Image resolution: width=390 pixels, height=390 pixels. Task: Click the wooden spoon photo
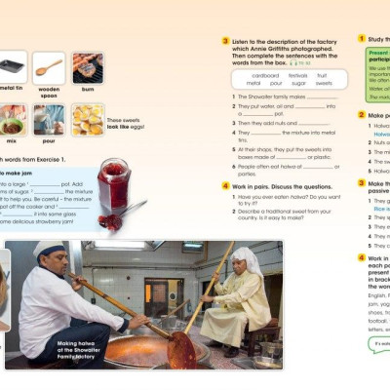[49, 67]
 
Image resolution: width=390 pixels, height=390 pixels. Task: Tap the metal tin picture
[11, 67]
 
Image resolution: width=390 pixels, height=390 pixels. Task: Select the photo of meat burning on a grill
[88, 67]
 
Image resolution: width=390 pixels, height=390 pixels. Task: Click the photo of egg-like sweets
[88, 119]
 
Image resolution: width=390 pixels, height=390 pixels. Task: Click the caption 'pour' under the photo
[49, 140]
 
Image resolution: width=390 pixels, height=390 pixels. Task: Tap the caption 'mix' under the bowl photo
[11, 140]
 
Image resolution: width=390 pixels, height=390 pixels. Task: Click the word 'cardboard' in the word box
[264, 75]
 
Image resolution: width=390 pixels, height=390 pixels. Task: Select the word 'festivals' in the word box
[298, 75]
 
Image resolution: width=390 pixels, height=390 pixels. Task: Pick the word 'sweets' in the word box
[324, 84]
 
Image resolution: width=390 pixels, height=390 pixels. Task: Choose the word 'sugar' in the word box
[298, 84]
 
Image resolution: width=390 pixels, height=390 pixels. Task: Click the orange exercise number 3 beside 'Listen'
[225, 42]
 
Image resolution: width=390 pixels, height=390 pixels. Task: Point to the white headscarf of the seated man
[247, 258]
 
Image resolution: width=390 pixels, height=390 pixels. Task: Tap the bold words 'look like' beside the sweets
[119, 128]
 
